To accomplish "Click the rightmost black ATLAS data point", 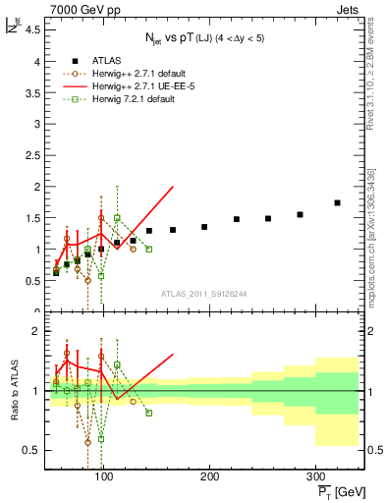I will [337, 202].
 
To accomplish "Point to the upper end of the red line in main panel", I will [173, 187].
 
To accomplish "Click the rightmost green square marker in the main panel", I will [148, 249].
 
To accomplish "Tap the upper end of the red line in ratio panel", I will [173, 355].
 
